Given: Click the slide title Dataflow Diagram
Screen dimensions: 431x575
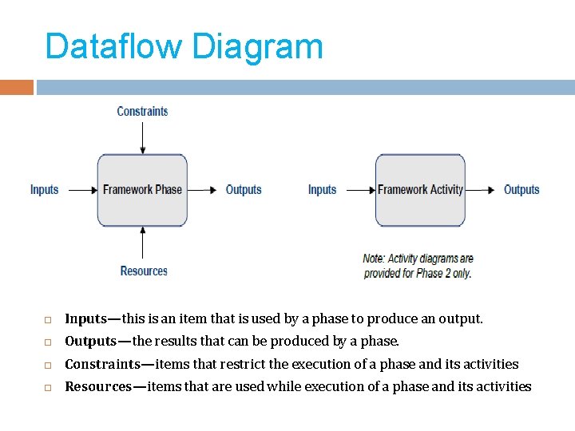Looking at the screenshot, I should [184, 46].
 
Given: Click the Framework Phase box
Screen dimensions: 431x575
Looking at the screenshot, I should [142, 190].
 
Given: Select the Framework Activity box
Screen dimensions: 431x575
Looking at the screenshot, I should [420, 190].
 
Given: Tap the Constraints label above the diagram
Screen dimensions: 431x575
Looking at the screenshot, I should [142, 112].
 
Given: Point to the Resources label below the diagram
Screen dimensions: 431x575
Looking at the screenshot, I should [144, 271].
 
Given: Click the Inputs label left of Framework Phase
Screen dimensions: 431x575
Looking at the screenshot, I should [45, 190].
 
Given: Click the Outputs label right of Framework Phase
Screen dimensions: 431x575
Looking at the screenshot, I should [244, 190].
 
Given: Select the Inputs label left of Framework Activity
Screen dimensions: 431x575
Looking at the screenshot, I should [323, 190].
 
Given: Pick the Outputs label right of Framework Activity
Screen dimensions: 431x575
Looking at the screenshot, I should [521, 190].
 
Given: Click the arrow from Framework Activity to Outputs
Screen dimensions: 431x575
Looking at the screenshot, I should [481, 190].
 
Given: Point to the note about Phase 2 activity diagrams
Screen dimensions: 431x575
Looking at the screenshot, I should [418, 266].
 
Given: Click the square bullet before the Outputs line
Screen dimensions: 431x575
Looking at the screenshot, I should [48, 342].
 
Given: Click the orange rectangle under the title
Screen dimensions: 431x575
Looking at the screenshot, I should [17, 87].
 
